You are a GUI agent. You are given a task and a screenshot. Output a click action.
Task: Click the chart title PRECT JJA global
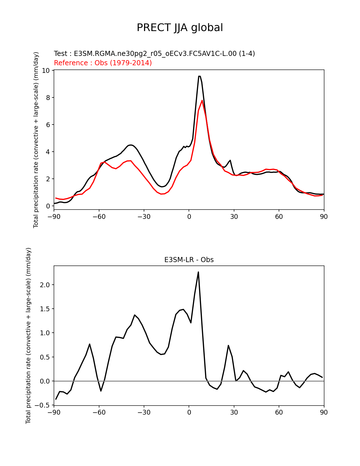click(180, 28)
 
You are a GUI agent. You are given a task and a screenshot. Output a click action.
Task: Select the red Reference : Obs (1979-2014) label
click(103, 63)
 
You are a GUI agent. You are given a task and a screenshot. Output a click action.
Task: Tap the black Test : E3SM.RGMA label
click(154, 53)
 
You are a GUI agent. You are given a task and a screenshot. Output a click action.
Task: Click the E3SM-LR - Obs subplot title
click(189, 260)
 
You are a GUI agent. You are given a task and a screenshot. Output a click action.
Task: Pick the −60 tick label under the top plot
click(99, 217)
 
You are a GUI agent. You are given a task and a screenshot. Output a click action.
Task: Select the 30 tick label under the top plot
click(234, 217)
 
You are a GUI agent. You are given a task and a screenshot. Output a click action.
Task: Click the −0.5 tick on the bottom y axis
click(42, 405)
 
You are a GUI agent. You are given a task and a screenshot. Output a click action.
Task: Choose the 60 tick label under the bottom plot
click(279, 412)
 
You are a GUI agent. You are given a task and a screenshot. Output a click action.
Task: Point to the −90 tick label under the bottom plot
click(54, 412)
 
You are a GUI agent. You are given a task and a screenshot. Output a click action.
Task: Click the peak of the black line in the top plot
click(199, 76)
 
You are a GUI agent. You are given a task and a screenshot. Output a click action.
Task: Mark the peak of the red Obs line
click(202, 100)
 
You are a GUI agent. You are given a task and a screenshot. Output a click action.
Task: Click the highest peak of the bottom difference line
click(198, 272)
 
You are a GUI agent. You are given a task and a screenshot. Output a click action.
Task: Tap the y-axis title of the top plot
click(36, 140)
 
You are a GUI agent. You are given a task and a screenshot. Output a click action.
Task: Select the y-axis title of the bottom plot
click(28, 336)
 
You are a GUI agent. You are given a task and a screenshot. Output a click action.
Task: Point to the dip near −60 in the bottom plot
click(101, 391)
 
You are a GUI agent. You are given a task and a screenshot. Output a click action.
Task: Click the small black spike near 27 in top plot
click(230, 160)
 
